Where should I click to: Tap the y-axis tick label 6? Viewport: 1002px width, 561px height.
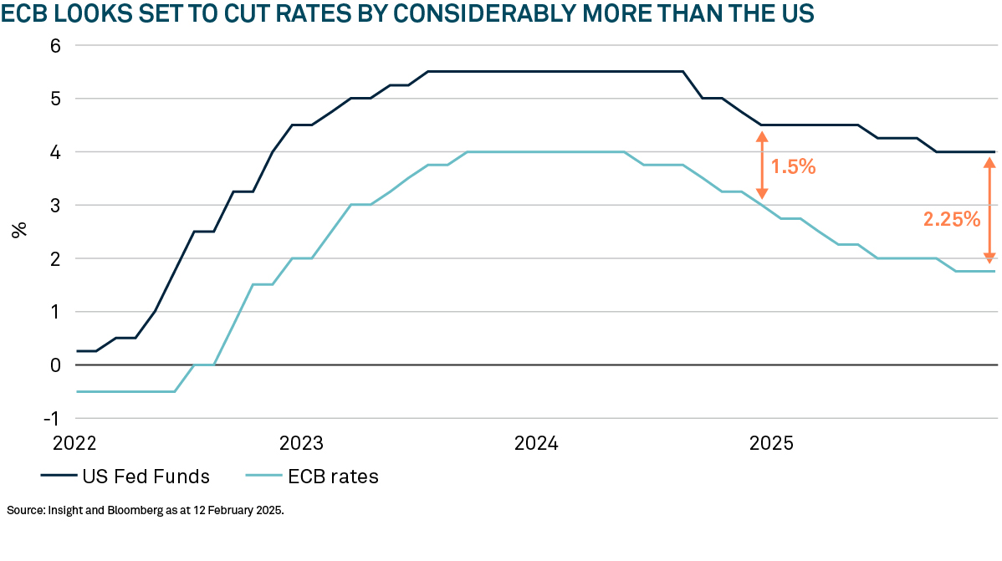[x=56, y=46]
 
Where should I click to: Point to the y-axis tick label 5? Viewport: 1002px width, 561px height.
[x=56, y=99]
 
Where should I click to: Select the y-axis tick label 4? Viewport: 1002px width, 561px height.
[x=56, y=152]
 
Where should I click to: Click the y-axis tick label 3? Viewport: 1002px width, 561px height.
[x=56, y=205]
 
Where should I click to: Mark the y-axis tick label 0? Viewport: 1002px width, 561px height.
[x=56, y=365]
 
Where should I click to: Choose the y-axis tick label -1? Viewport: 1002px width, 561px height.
[x=53, y=418]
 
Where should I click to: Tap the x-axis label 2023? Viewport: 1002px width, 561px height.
[x=302, y=441]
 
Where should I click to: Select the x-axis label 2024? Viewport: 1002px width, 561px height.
[x=535, y=441]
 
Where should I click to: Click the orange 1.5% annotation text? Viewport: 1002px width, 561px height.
[x=792, y=167]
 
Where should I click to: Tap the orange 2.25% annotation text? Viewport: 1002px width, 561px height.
[x=951, y=220]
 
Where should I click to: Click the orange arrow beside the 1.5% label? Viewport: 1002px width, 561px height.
[x=761, y=166]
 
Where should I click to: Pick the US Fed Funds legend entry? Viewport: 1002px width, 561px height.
[x=125, y=477]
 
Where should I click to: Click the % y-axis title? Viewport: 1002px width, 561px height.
[x=19, y=230]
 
